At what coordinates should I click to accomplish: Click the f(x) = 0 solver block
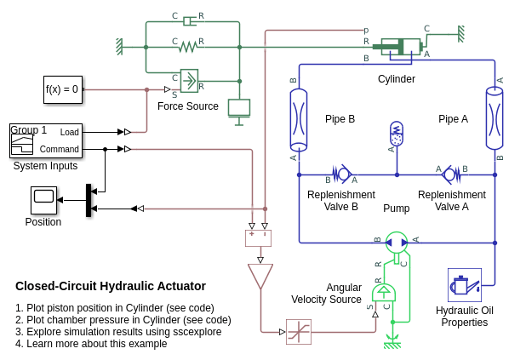(x=63, y=89)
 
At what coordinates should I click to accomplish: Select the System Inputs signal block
(x=46, y=140)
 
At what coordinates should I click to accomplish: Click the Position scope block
(x=43, y=200)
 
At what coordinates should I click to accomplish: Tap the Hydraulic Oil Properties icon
(x=465, y=285)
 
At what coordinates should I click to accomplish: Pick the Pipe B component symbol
(x=299, y=119)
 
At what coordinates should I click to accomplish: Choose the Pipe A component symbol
(x=495, y=119)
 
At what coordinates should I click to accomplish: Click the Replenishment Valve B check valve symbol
(x=342, y=174)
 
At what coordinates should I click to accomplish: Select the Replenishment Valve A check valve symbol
(x=450, y=174)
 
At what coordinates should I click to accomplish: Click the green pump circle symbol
(x=397, y=243)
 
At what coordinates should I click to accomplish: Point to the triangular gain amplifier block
(x=260, y=276)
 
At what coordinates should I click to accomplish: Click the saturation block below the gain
(x=299, y=332)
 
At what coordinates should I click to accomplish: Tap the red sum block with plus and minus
(x=258, y=238)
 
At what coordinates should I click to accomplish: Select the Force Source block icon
(x=189, y=81)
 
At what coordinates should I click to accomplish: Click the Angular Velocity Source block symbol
(x=384, y=294)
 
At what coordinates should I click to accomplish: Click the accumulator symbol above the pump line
(x=397, y=134)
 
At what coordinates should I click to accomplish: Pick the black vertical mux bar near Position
(x=89, y=200)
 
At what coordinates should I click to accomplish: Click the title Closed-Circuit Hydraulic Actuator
(x=111, y=286)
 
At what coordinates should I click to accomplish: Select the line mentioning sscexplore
(x=118, y=332)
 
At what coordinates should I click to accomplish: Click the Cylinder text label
(x=397, y=79)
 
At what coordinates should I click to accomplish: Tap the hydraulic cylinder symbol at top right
(x=401, y=47)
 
